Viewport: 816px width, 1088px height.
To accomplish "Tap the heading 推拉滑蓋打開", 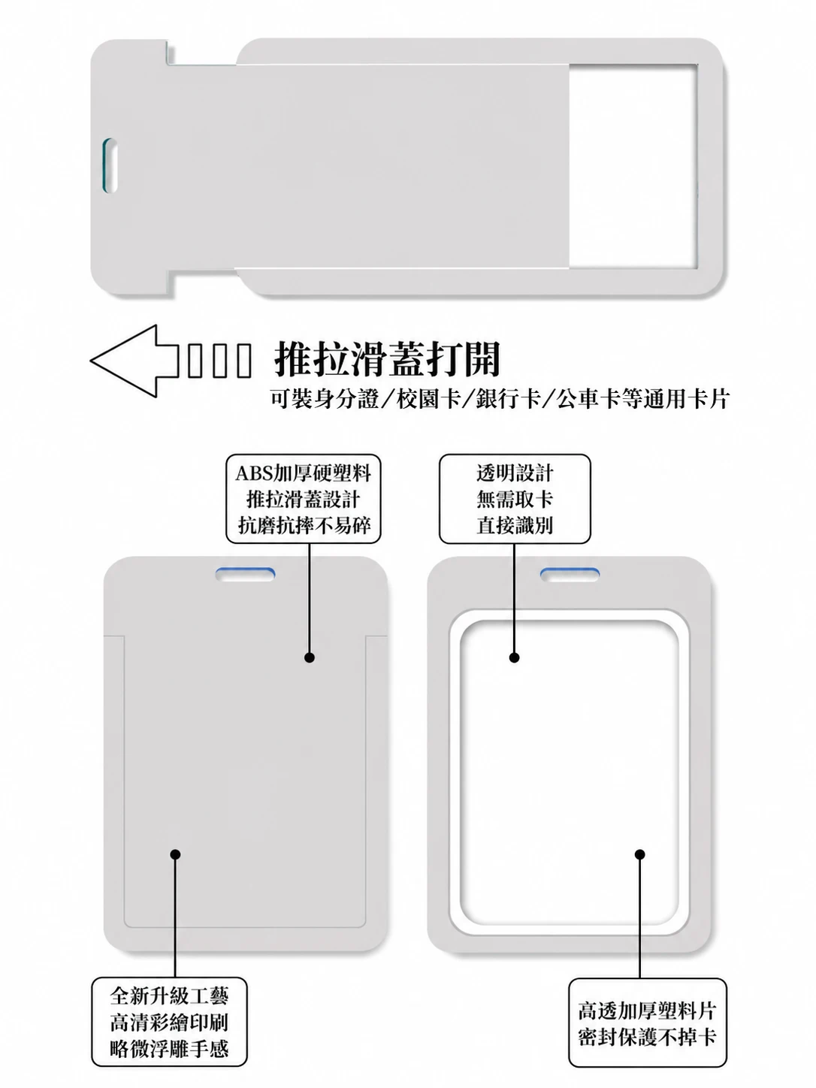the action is click(x=388, y=359).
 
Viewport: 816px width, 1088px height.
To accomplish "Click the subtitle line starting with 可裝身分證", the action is click(x=500, y=398).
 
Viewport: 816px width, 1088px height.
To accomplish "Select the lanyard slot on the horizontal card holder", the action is click(x=110, y=165).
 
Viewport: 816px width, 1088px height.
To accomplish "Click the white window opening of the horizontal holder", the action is click(x=633, y=166).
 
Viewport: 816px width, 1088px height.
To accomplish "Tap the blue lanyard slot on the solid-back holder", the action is click(x=245, y=575).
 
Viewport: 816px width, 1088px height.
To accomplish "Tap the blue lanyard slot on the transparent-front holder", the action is click(x=570, y=575).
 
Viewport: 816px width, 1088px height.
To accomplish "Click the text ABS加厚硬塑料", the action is click(x=304, y=473).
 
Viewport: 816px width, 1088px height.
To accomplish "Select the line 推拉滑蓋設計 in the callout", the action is click(x=304, y=499).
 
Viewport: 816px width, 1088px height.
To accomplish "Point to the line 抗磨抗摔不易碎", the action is click(x=304, y=525).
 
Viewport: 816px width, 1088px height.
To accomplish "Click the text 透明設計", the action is click(x=515, y=473).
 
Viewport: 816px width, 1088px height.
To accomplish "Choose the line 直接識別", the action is click(x=515, y=525).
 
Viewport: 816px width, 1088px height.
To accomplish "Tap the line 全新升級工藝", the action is click(x=169, y=996).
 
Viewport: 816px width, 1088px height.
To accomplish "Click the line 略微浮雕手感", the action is click(x=169, y=1048).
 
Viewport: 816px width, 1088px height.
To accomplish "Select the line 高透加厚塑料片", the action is click(x=647, y=1011).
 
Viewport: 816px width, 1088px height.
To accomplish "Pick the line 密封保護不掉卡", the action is click(x=647, y=1036).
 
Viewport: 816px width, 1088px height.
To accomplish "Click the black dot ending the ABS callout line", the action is click(x=310, y=657).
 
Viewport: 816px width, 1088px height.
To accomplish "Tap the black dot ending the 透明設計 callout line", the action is click(x=514, y=657).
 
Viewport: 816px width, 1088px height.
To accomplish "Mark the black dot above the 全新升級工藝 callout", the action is click(x=175, y=854).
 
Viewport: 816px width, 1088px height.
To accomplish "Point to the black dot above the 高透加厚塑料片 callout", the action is click(x=640, y=854).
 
